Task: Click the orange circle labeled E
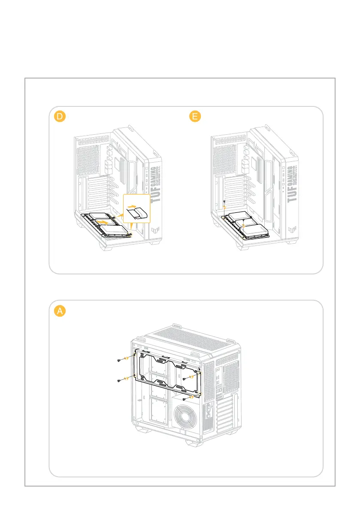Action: pyautogui.click(x=196, y=117)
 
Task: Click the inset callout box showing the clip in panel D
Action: pyautogui.click(x=136, y=209)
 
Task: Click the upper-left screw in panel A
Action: pyautogui.click(x=120, y=361)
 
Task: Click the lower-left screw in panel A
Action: pyautogui.click(x=120, y=381)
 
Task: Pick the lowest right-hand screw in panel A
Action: pyautogui.click(x=184, y=399)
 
